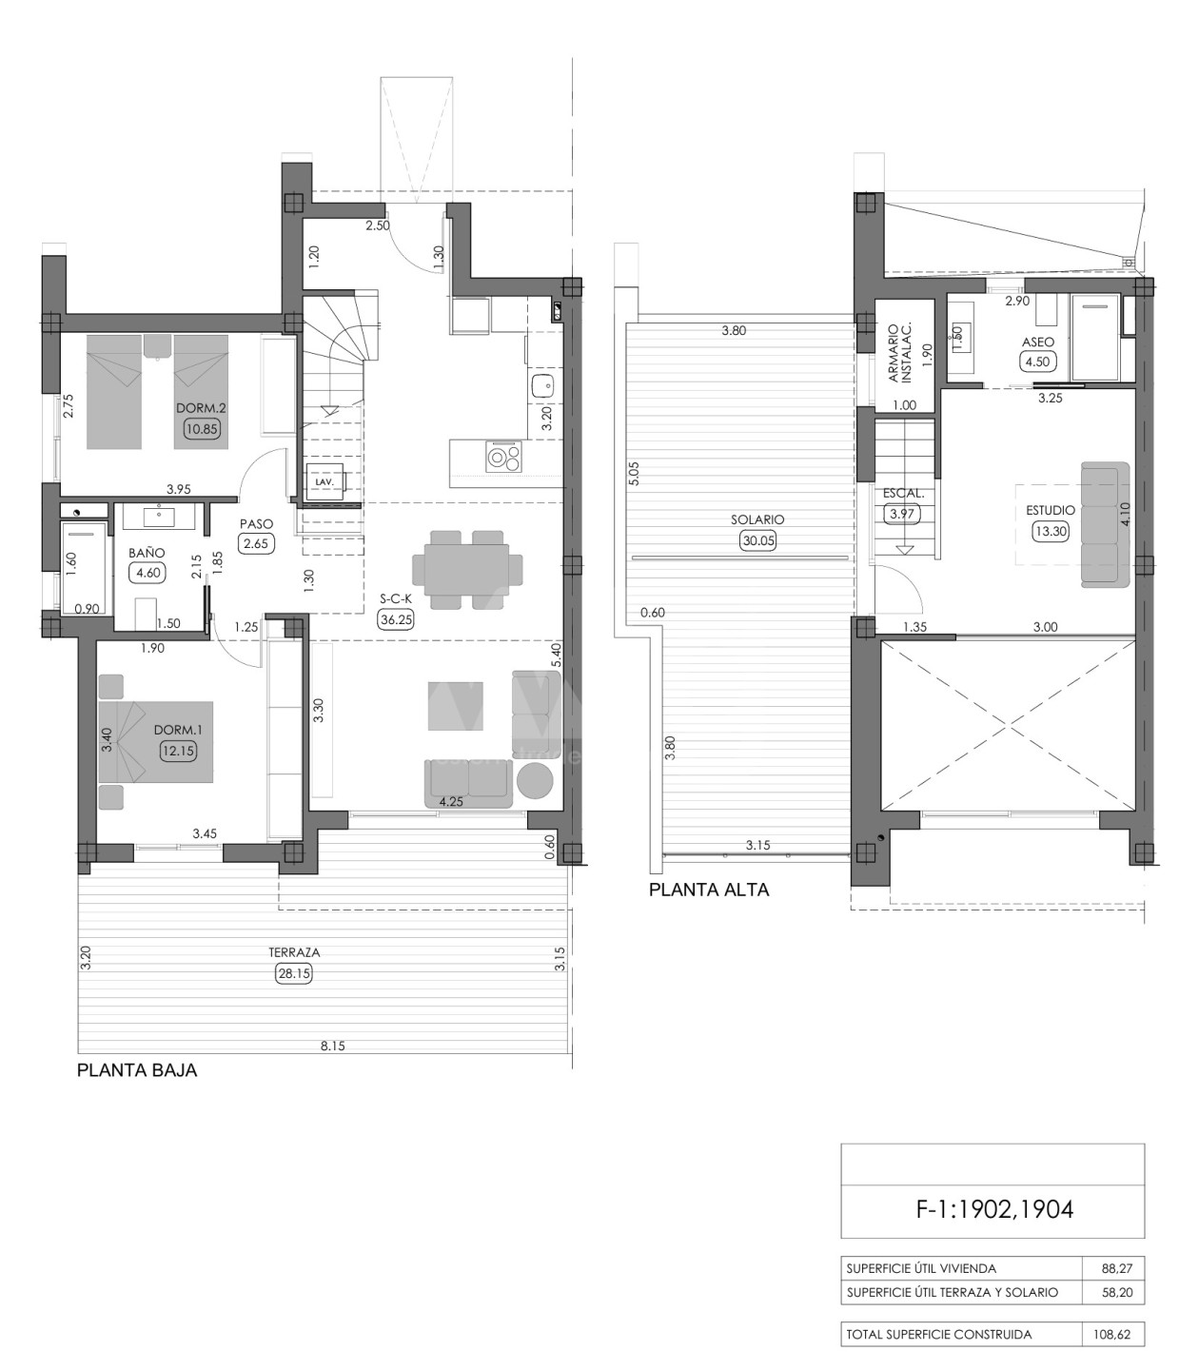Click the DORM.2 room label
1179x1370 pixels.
[201, 408]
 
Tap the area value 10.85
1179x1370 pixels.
[202, 428]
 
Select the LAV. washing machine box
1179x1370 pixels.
[324, 481]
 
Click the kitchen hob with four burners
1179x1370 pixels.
[503, 456]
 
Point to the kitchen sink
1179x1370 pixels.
[542, 385]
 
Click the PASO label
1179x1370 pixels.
[257, 523]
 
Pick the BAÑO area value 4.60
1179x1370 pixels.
[147, 573]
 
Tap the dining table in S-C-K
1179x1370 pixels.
[461, 570]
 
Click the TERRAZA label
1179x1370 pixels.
[294, 952]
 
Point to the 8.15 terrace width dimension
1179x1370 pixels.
[333, 1046]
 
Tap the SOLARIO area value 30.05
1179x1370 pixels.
[757, 540]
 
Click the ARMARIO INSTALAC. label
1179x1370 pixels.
[900, 352]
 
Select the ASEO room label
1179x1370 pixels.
[1038, 342]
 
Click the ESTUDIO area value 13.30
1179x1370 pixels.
[1051, 531]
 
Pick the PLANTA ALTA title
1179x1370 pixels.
[709, 890]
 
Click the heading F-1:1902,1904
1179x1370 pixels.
[994, 1209]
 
